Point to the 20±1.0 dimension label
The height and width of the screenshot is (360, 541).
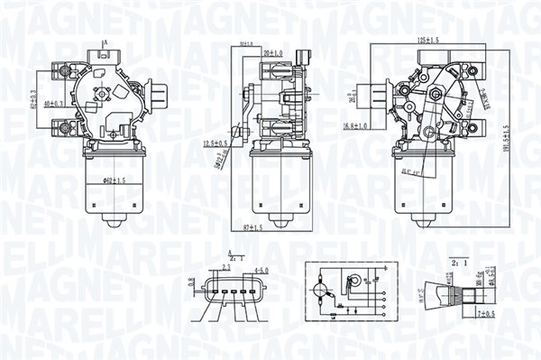point(273,53)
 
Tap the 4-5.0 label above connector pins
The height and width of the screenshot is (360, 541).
point(259,269)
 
